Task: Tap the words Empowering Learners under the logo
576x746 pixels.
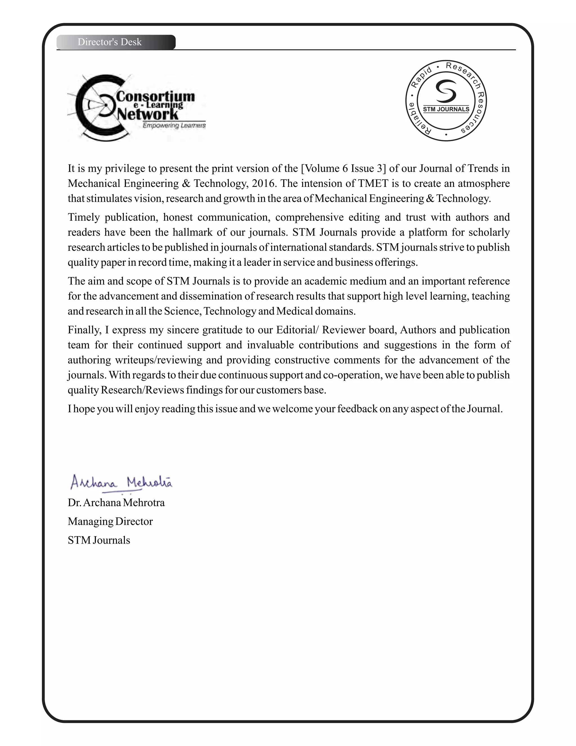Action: pos(174,126)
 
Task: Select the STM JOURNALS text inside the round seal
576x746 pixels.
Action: pos(446,109)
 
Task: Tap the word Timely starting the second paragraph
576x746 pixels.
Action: pos(83,217)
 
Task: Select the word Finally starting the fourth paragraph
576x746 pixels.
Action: pos(84,330)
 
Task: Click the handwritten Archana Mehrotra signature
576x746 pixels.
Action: pos(121,482)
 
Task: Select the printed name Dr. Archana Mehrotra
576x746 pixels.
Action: pos(116,503)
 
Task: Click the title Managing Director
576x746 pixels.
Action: pos(110,522)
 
